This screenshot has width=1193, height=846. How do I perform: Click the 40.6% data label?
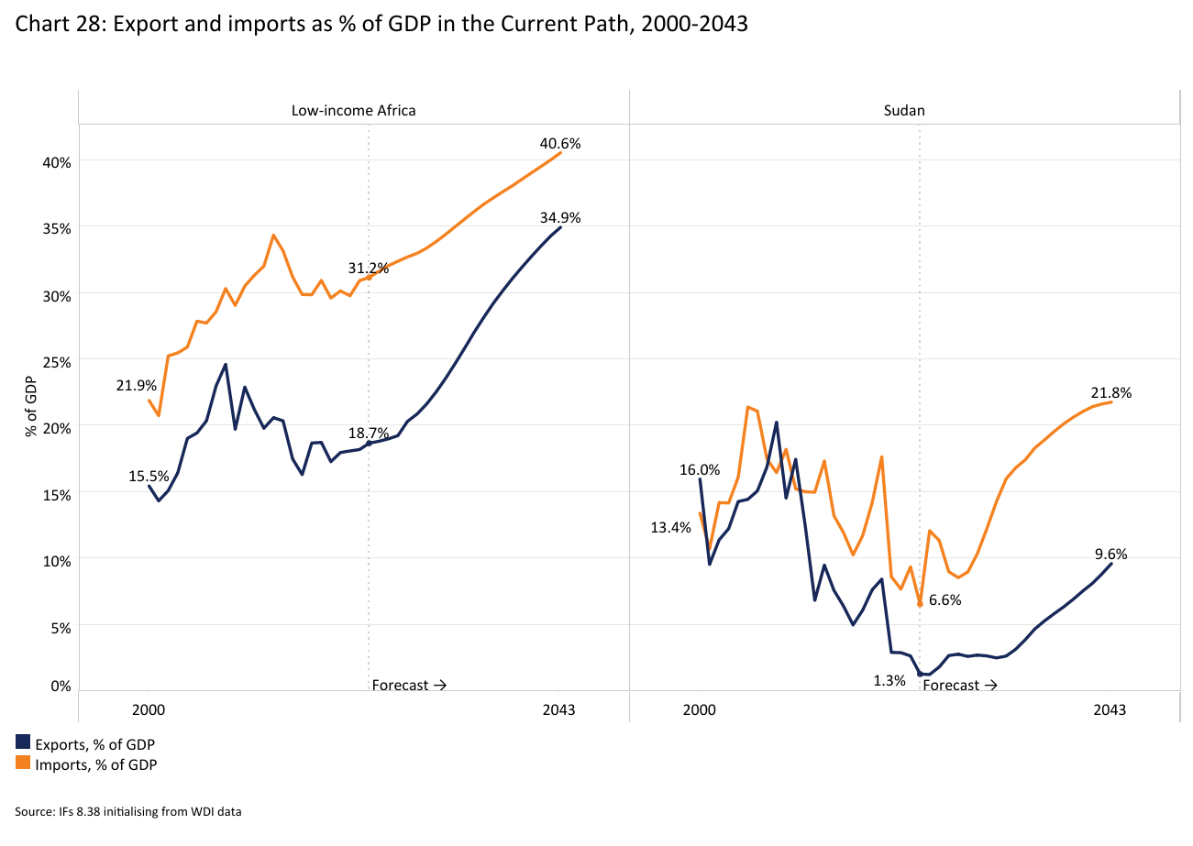click(560, 144)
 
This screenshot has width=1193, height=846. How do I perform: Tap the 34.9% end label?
click(560, 217)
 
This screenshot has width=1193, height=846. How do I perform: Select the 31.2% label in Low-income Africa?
click(368, 269)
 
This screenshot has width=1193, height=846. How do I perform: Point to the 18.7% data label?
click(369, 433)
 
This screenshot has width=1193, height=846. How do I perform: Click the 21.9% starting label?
click(136, 386)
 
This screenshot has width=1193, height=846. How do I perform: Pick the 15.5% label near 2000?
click(149, 476)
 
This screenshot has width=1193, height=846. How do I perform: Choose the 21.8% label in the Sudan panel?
click(1110, 393)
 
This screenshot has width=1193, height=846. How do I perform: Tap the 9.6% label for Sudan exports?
click(1110, 554)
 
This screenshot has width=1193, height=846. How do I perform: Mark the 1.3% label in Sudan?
click(889, 680)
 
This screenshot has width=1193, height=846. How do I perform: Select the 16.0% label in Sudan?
click(699, 469)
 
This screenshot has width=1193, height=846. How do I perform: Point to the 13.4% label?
click(670, 527)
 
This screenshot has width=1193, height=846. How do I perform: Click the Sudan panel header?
click(903, 110)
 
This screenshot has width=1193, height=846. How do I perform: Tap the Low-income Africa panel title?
click(353, 110)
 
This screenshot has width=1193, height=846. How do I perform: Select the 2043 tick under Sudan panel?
click(1110, 709)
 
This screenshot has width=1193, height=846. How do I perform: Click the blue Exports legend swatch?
click(23, 742)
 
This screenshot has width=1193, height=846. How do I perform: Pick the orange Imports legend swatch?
click(23, 764)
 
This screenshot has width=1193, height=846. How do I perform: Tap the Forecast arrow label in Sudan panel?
click(959, 685)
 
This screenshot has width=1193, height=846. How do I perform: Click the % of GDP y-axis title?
click(30, 406)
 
